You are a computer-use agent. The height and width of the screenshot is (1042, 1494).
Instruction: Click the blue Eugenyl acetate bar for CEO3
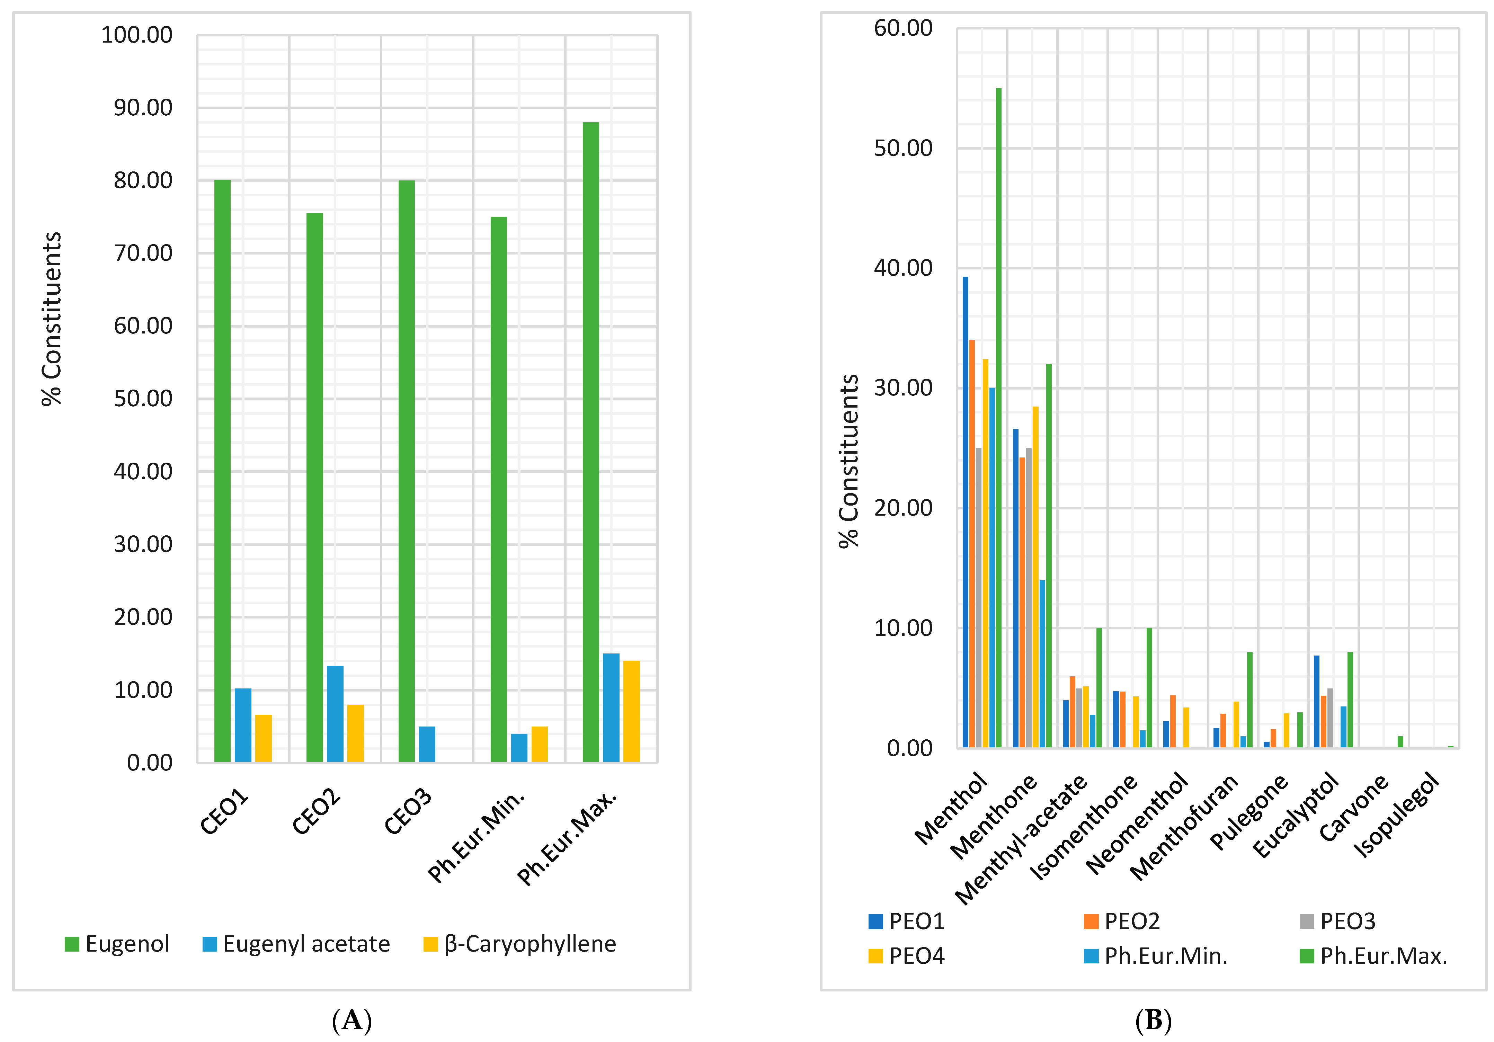click(427, 744)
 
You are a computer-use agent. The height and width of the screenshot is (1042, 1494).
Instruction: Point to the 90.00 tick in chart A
click(143, 107)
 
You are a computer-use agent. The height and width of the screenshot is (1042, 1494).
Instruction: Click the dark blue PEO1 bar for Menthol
click(966, 512)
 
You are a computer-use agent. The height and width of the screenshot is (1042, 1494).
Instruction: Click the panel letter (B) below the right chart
click(1153, 1021)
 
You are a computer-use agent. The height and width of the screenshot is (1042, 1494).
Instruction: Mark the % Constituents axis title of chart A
click(51, 319)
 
